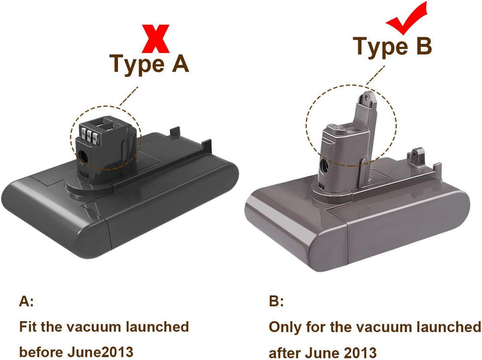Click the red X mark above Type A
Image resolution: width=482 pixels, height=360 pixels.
(x=155, y=39)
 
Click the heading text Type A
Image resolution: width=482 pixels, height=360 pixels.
(x=149, y=64)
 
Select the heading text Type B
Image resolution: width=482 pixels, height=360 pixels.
(x=392, y=46)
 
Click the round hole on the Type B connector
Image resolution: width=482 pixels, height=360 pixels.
(x=324, y=167)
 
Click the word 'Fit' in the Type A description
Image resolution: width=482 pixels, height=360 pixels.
(x=28, y=327)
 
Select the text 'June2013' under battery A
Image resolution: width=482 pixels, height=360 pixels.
(x=100, y=352)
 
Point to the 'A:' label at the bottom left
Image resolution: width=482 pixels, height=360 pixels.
(x=26, y=301)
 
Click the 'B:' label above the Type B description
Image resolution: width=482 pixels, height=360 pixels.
(x=276, y=301)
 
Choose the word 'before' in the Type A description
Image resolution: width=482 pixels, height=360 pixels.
(x=42, y=352)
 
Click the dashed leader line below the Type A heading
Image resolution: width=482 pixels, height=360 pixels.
(x=129, y=96)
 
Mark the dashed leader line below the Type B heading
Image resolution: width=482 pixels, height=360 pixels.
(x=376, y=75)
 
